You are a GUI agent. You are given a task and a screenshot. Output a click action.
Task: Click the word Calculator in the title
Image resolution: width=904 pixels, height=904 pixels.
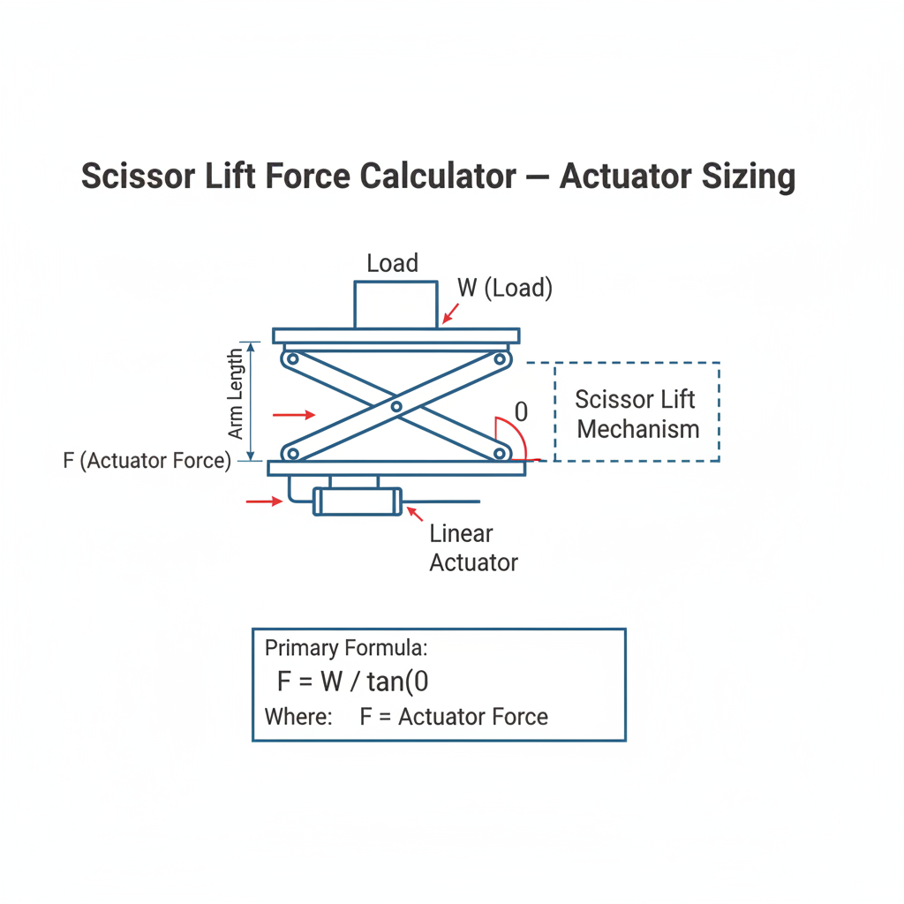point(438,176)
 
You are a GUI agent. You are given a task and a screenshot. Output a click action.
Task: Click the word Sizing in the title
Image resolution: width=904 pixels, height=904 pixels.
point(749,177)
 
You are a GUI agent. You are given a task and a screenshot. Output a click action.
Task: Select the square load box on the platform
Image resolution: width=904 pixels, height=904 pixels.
point(395,305)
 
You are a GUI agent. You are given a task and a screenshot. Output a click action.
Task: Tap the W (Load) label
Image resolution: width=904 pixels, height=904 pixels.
point(505,288)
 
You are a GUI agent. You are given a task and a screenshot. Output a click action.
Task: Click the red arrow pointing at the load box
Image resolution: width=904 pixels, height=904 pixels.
point(450,313)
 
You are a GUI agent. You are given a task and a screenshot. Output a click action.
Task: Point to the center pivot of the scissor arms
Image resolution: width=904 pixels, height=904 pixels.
point(396,407)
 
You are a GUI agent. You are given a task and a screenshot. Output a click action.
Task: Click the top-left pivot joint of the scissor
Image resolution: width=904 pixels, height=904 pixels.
point(292,359)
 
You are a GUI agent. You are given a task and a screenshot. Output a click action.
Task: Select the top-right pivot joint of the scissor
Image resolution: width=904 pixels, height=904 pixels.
point(500,359)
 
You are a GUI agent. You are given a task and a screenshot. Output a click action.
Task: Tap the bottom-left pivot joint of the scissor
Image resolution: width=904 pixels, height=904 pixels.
point(292,453)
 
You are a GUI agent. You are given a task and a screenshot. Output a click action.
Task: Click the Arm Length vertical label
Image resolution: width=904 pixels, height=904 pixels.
point(235,394)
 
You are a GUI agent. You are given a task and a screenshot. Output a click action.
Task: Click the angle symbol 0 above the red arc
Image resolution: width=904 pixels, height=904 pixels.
point(521,411)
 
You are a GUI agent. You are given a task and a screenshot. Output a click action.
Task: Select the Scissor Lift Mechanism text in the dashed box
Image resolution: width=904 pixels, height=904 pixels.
point(637,414)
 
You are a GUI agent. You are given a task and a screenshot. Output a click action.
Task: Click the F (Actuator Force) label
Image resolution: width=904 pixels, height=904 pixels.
point(147,461)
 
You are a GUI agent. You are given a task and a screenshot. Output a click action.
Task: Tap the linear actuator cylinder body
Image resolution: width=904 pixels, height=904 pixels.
point(357,501)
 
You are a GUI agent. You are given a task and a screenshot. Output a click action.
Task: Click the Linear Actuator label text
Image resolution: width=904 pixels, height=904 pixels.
point(473,547)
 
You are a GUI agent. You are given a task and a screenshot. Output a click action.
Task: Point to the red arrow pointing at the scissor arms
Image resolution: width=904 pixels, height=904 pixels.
point(294,415)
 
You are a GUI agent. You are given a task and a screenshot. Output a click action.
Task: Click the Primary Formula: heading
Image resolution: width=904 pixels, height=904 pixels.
point(346,648)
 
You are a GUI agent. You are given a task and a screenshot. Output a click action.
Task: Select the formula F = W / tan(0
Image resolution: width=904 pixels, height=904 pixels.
point(353,682)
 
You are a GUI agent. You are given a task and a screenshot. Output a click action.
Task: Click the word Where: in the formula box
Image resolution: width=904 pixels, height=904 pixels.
point(298,717)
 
